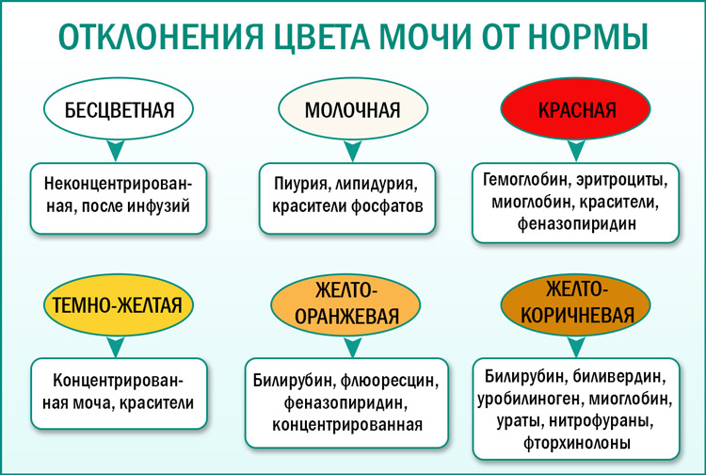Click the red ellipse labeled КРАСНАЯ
click(x=575, y=109)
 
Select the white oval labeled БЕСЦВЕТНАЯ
click(x=119, y=109)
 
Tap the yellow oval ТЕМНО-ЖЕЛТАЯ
click(x=119, y=304)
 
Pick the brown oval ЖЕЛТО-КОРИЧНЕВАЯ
click(x=575, y=304)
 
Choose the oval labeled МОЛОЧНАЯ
click(x=353, y=109)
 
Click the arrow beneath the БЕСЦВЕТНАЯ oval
click(x=116, y=151)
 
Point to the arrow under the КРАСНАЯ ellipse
click(x=576, y=151)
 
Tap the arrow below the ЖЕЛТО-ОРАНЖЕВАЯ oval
click(x=353, y=347)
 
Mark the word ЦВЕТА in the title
click(x=322, y=37)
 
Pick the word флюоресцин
click(x=390, y=381)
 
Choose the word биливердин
click(x=619, y=376)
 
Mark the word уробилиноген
click(x=530, y=399)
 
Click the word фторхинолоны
click(x=576, y=444)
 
